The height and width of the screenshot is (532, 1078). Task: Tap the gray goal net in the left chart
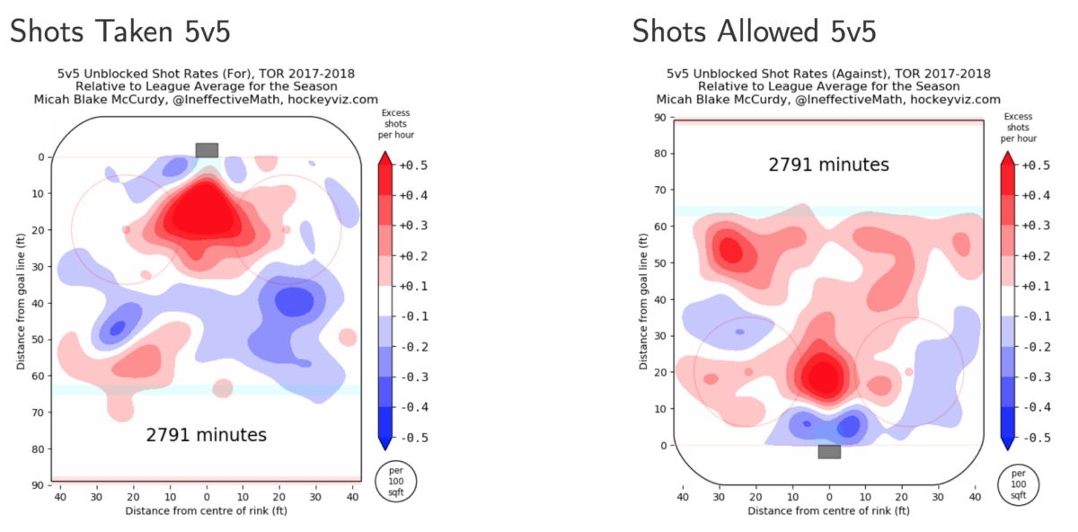click(207, 150)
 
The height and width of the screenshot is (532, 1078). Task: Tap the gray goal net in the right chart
click(829, 451)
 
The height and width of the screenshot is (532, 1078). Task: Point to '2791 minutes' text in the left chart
click(207, 435)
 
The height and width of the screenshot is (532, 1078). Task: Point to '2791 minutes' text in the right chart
click(828, 164)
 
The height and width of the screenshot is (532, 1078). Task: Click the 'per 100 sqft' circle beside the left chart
click(395, 483)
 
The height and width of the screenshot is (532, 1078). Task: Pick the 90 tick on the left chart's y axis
click(40, 485)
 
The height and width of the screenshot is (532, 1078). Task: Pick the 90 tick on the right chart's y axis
click(661, 117)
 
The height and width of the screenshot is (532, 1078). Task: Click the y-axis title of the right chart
click(643, 280)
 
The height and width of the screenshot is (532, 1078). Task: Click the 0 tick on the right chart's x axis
click(829, 496)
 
